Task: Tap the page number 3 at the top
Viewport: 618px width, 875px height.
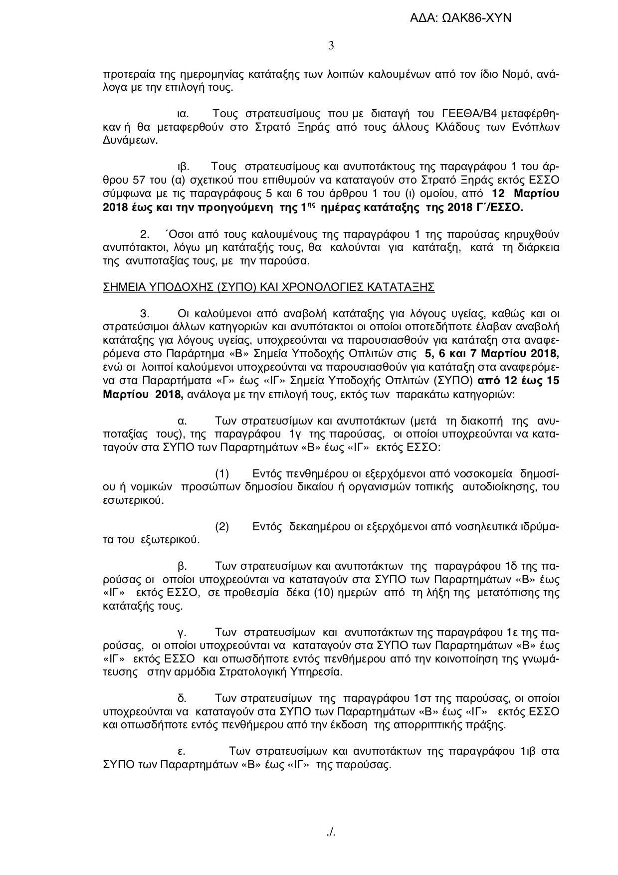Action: pyautogui.click(x=331, y=46)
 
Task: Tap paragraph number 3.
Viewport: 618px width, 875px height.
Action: pyautogui.click(x=145, y=314)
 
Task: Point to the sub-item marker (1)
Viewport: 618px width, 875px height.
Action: pyautogui.click(x=221, y=473)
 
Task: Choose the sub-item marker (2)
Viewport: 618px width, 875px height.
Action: pyautogui.click(x=221, y=527)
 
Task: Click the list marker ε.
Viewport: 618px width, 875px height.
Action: pyautogui.click(x=182, y=751)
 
